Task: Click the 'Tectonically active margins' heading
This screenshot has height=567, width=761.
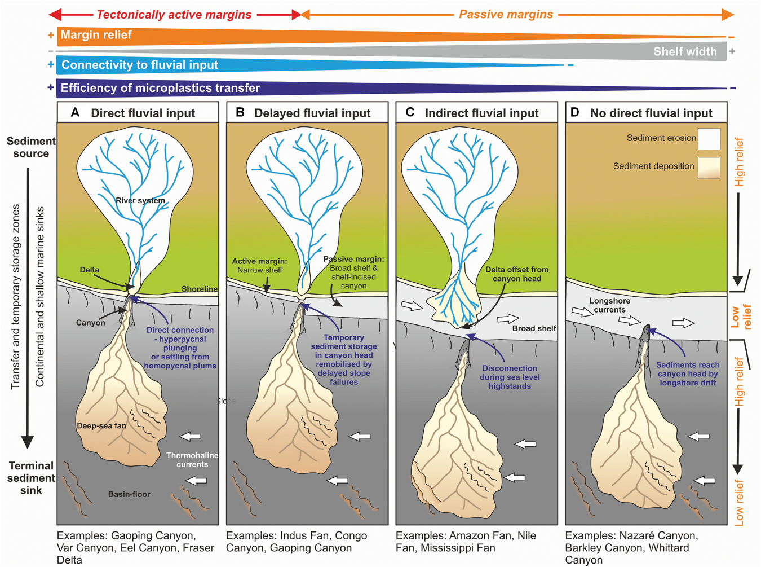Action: tap(174, 15)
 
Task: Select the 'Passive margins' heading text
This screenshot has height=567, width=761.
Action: tap(506, 15)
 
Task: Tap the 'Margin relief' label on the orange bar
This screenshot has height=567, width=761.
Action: tap(96, 35)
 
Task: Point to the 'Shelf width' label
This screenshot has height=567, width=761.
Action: tap(685, 52)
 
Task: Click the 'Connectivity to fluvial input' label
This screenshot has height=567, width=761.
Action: tap(139, 65)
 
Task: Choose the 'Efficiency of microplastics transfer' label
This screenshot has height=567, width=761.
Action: tap(160, 88)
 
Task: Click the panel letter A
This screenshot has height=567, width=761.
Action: tap(75, 113)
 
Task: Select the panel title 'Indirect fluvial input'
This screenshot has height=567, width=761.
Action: tap(481, 113)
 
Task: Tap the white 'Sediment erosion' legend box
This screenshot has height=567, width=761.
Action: tap(709, 139)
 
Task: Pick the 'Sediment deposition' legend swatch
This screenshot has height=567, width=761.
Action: tap(709, 168)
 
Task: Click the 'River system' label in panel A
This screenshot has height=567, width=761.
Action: tap(140, 200)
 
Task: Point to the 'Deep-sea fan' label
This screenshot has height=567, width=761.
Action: tap(101, 425)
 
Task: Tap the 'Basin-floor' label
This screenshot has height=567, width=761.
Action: tap(129, 494)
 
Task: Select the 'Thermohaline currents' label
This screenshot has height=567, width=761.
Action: tap(192, 460)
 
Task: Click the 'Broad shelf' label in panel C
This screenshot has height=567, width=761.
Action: tap(534, 328)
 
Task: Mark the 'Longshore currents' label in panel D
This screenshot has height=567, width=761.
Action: tap(609, 305)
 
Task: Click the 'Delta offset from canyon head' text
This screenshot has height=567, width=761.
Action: tap(516, 274)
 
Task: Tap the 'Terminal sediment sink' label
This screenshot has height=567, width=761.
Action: tap(31, 478)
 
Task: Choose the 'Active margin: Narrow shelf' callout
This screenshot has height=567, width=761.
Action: tap(259, 266)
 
